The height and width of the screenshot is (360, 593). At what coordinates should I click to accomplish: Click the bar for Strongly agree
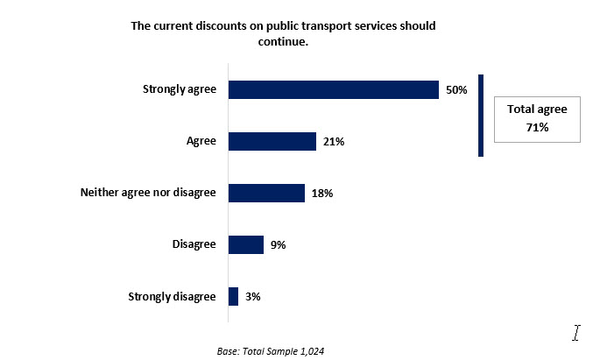pos(333,89)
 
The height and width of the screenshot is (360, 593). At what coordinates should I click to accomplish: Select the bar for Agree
pos(272,141)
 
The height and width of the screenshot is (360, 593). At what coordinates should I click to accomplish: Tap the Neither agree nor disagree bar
pos(266,193)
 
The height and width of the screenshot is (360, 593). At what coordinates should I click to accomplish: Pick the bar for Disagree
pos(246,244)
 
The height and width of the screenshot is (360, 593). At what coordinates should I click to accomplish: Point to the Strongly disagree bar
pos(233,296)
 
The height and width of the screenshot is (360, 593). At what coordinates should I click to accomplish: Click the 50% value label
pos(456,89)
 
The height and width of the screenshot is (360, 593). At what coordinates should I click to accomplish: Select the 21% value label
pos(333,141)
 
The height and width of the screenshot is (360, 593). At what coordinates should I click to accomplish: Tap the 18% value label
pos(322,193)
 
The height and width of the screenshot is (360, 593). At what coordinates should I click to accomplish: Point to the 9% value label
pos(279,244)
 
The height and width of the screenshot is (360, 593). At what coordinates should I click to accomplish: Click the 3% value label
pos(253,296)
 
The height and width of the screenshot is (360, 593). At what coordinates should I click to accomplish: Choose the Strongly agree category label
pos(179,89)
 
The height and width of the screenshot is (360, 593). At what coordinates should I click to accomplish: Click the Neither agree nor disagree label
pos(147,193)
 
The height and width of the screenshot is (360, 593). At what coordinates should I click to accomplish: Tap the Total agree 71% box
pos(537,118)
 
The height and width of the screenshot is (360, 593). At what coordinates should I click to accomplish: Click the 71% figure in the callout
pos(537,128)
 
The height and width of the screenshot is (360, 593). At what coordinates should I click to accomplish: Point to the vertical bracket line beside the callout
pos(481,115)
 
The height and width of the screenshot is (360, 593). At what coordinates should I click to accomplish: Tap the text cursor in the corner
pos(576,333)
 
